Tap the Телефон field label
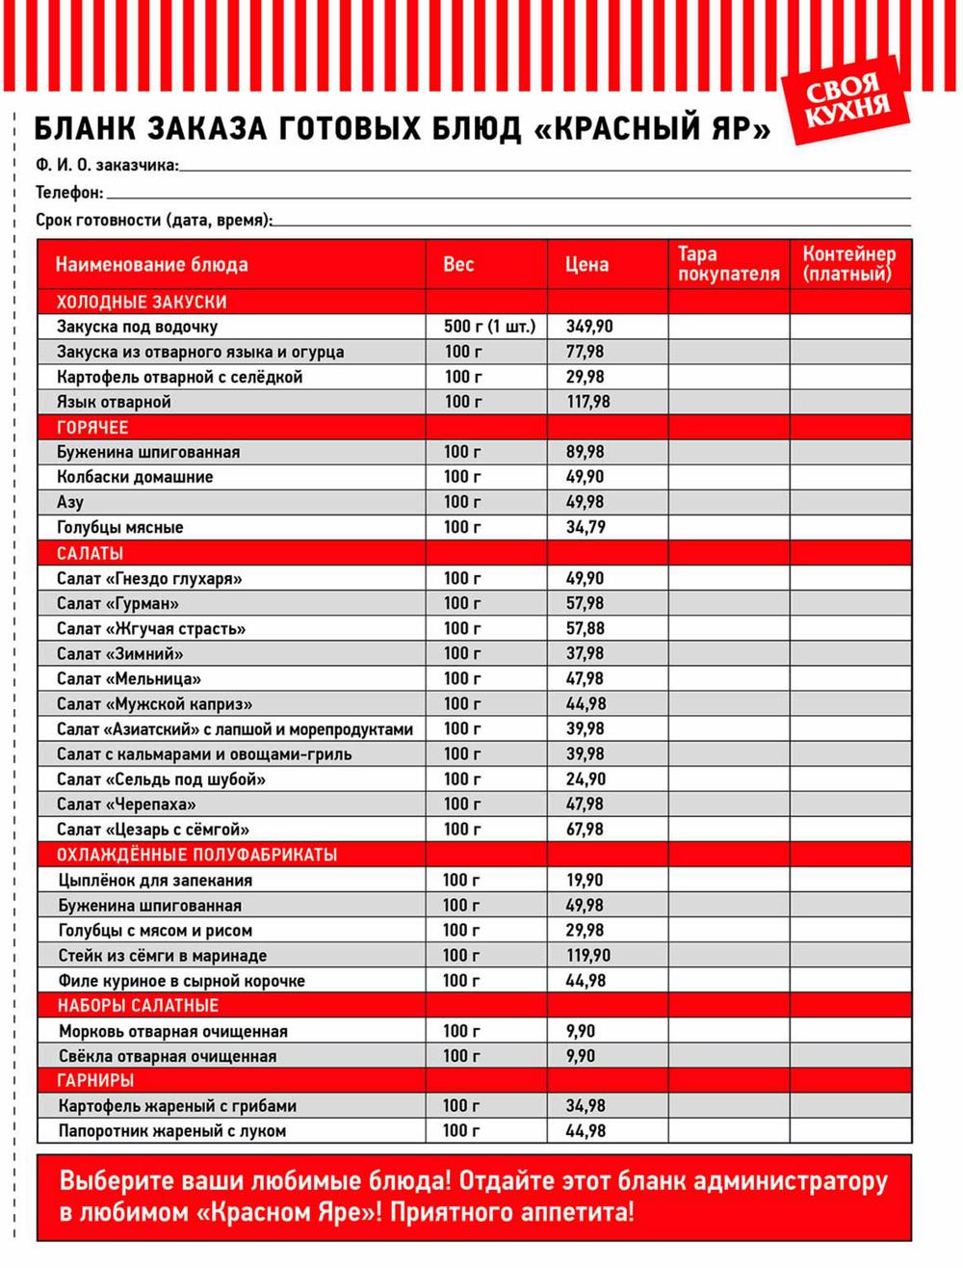68,193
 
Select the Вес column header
458,264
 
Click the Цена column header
586,264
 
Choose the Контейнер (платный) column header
848,264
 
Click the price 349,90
589,327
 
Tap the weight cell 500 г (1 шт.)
489,327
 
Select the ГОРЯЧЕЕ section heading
92,427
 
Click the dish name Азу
70,502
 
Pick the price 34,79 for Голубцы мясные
586,527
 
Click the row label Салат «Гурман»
117,603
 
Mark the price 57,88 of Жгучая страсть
586,628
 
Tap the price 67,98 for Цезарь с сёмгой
586,830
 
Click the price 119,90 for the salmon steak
588,956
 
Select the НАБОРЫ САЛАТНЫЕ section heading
138,1006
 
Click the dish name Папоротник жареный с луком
172,1131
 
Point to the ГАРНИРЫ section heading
95,1081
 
